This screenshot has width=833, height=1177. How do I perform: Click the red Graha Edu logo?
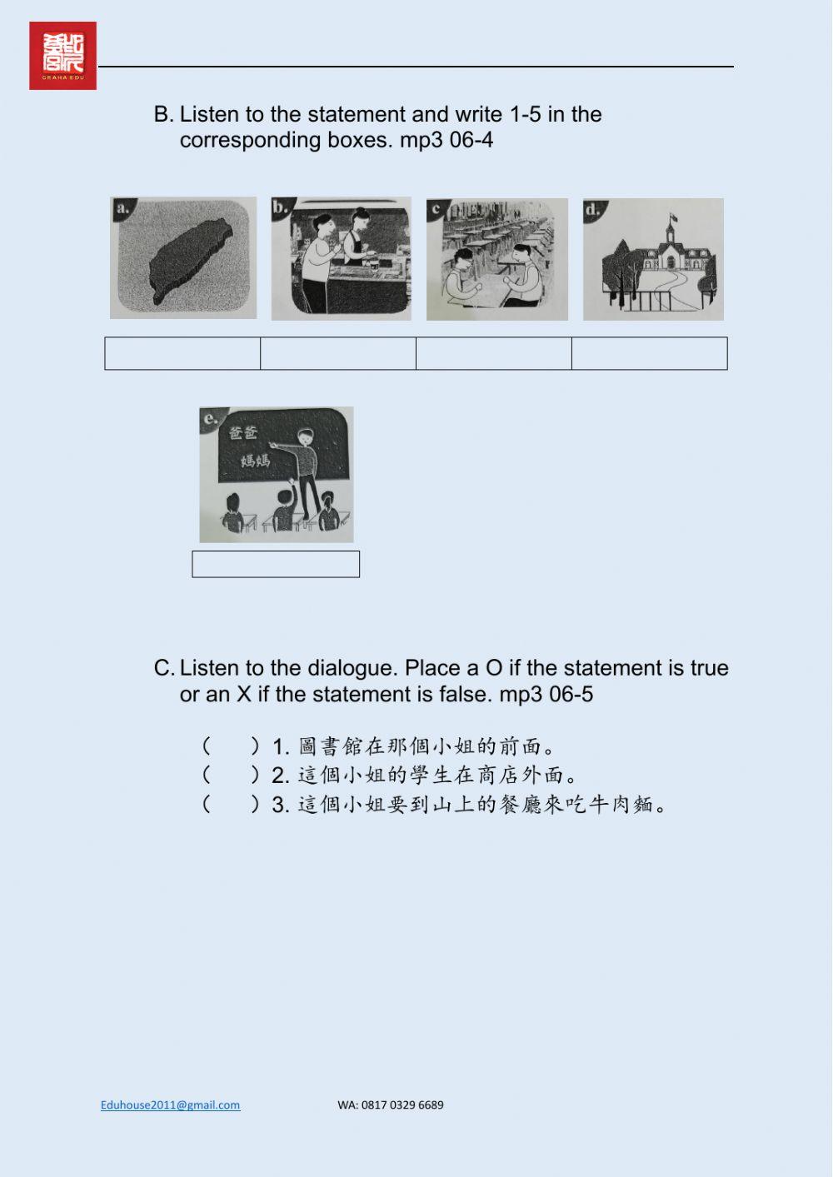click(x=62, y=56)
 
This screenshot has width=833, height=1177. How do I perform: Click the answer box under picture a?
click(x=182, y=353)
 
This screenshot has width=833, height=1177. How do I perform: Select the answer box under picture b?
click(x=338, y=353)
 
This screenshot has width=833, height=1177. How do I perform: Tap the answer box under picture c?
click(x=494, y=353)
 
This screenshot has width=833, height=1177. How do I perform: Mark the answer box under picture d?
click(x=650, y=353)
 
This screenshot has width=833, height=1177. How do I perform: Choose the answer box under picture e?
click(x=276, y=564)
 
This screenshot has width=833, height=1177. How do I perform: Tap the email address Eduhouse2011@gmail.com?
click(x=170, y=1105)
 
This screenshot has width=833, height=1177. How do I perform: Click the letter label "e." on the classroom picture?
click(x=211, y=418)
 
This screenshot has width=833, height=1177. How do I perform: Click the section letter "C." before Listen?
click(x=163, y=668)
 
